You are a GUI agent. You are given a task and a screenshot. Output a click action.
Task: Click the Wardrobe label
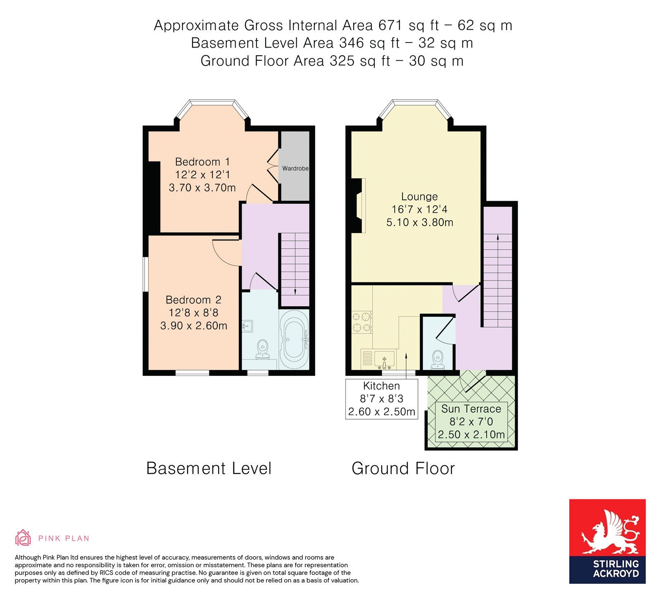click(295, 169)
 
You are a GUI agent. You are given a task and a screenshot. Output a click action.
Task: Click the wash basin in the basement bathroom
click(247, 326)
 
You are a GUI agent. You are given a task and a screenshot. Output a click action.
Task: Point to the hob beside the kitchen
click(362, 323)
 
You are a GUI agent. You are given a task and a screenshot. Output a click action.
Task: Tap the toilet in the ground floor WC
click(437, 360)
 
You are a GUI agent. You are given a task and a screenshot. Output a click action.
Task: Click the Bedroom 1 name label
click(202, 162)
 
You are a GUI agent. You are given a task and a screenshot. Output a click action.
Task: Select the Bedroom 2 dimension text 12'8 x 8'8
click(193, 313)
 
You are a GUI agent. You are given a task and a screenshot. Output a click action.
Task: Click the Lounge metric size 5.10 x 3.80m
click(420, 222)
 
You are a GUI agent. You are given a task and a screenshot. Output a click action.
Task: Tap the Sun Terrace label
click(471, 409)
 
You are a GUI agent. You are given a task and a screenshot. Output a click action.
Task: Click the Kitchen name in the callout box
click(381, 386)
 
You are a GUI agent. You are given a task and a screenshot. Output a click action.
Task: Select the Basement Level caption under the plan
click(209, 468)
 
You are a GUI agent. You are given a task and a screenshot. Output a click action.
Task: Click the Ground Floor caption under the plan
click(403, 468)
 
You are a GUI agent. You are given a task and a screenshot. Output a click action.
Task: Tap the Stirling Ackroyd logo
click(607, 541)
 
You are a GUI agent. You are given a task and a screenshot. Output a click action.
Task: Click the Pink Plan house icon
click(23, 537)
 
